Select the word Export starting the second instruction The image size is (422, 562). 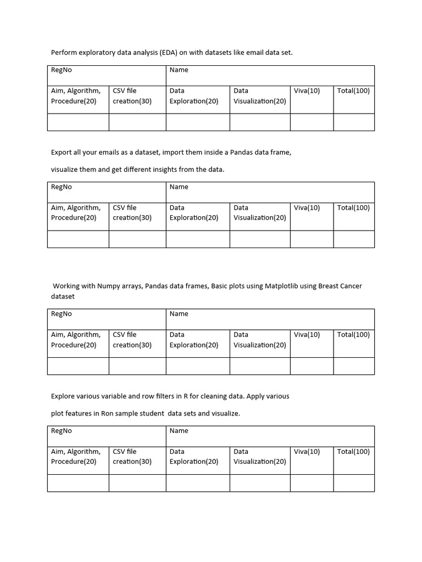click(62, 152)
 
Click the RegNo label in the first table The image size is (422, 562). click(62, 70)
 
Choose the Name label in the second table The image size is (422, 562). click(179, 187)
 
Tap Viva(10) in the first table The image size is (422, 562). click(307, 91)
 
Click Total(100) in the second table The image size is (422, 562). click(353, 207)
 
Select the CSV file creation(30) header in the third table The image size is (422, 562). click(132, 340)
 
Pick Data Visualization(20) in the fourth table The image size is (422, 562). click(259, 457)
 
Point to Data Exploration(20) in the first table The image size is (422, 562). click(193, 96)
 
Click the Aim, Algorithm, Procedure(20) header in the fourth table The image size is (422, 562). click(76, 457)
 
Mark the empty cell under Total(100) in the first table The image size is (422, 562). click(354, 122)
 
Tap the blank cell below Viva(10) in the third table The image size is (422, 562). click(312, 366)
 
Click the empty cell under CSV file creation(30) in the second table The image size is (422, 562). click(137, 239)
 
